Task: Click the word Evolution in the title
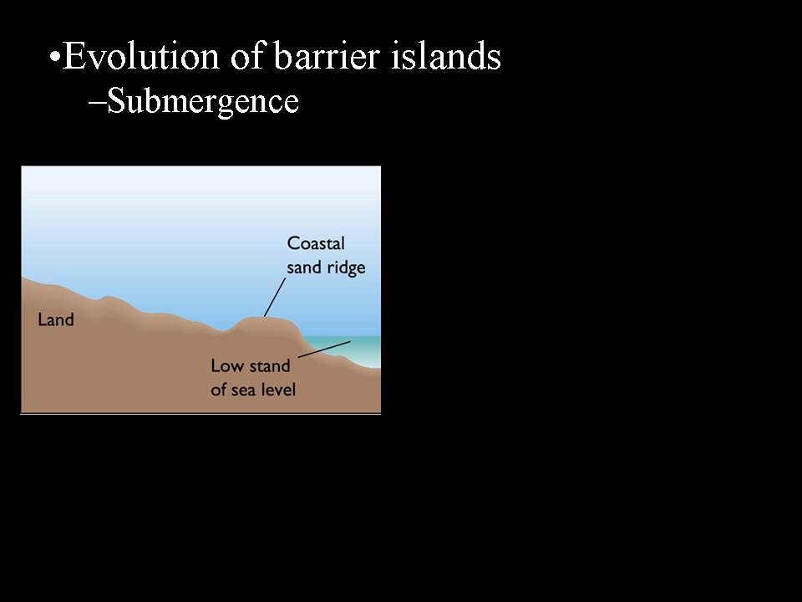(x=140, y=55)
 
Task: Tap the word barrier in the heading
(x=327, y=55)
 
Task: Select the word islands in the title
(x=446, y=55)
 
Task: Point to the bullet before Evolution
(x=55, y=56)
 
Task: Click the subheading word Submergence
(x=203, y=101)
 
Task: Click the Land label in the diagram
(x=56, y=320)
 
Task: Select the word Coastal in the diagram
(x=316, y=243)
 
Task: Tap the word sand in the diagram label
(x=303, y=268)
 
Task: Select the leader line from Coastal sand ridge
(x=275, y=297)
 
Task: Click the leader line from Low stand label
(x=324, y=349)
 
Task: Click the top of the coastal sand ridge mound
(x=264, y=318)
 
